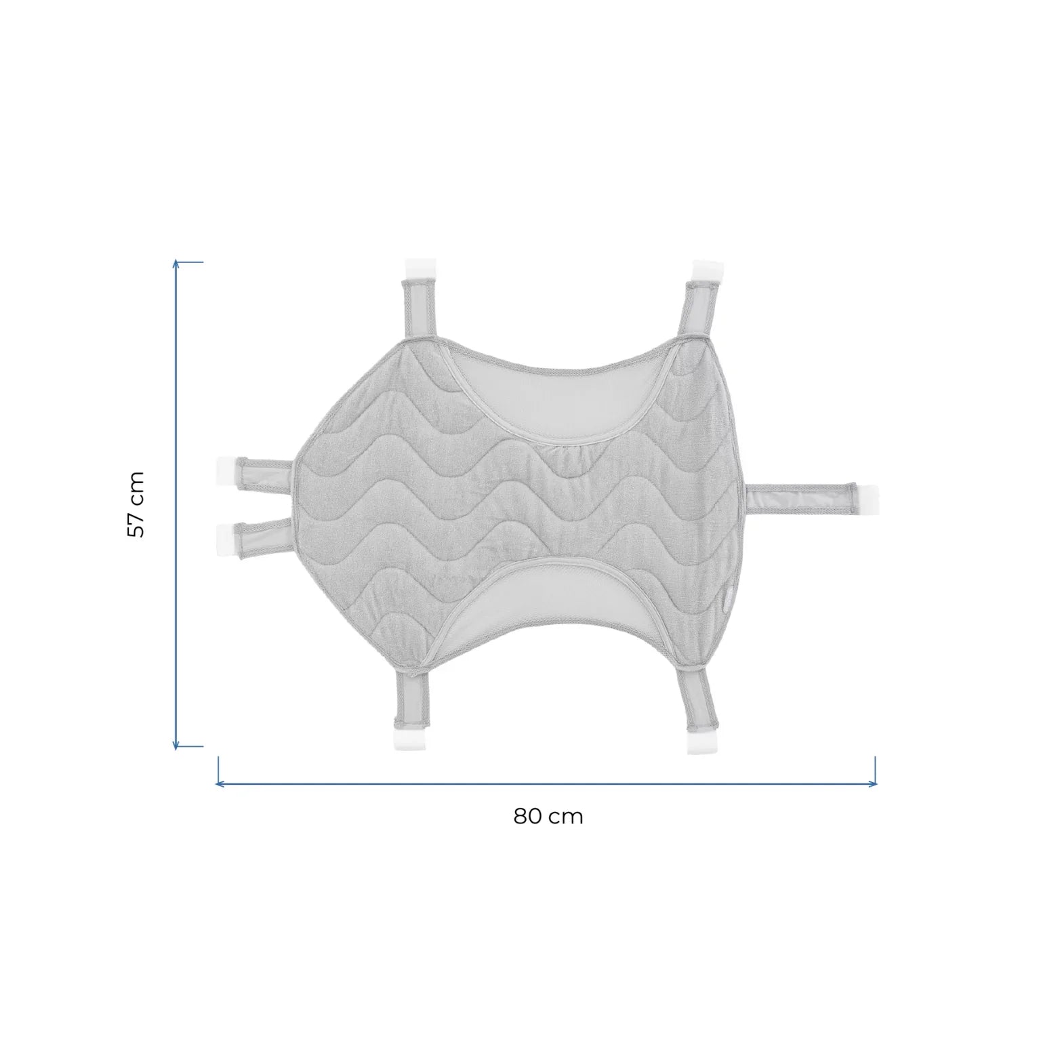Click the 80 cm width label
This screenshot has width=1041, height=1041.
[x=548, y=816]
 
